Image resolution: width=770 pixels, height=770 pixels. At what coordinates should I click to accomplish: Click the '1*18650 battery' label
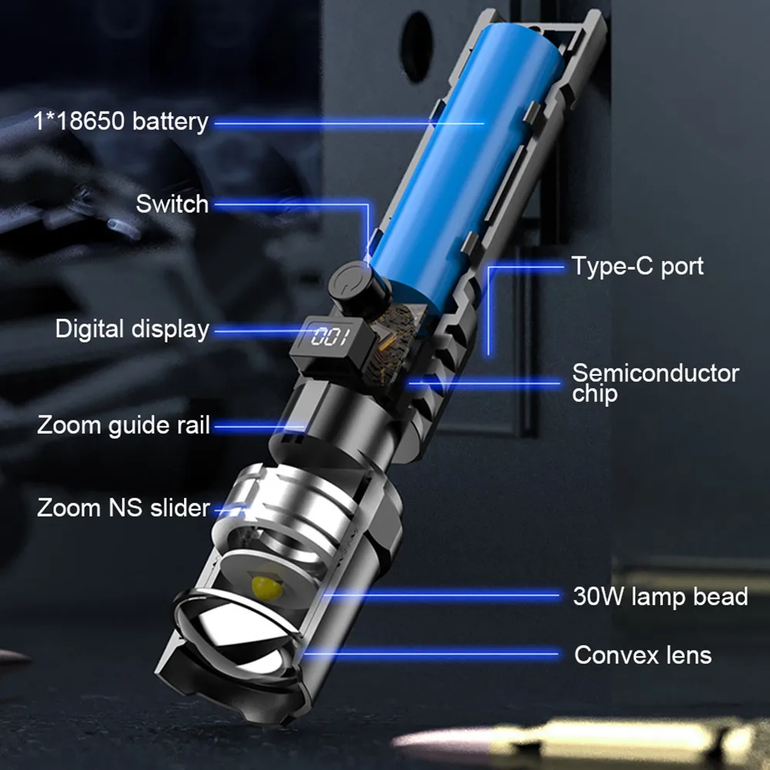121,121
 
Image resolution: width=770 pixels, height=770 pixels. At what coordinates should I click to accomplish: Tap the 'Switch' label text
172,204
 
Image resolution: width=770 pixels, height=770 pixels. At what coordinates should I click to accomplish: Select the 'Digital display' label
132,329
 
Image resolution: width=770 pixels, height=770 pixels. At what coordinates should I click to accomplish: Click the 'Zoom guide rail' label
123,425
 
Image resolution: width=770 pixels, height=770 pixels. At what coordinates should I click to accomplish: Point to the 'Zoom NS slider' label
123,507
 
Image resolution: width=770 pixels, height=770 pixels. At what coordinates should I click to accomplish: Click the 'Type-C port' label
637,266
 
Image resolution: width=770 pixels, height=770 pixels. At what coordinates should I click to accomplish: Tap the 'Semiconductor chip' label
654,383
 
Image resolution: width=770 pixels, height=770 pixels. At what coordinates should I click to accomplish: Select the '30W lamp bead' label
660,596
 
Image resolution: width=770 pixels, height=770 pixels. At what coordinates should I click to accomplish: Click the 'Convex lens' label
642,655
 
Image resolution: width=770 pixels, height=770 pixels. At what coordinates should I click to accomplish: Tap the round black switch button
357,283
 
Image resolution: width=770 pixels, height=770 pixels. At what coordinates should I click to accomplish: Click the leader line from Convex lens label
431,655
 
